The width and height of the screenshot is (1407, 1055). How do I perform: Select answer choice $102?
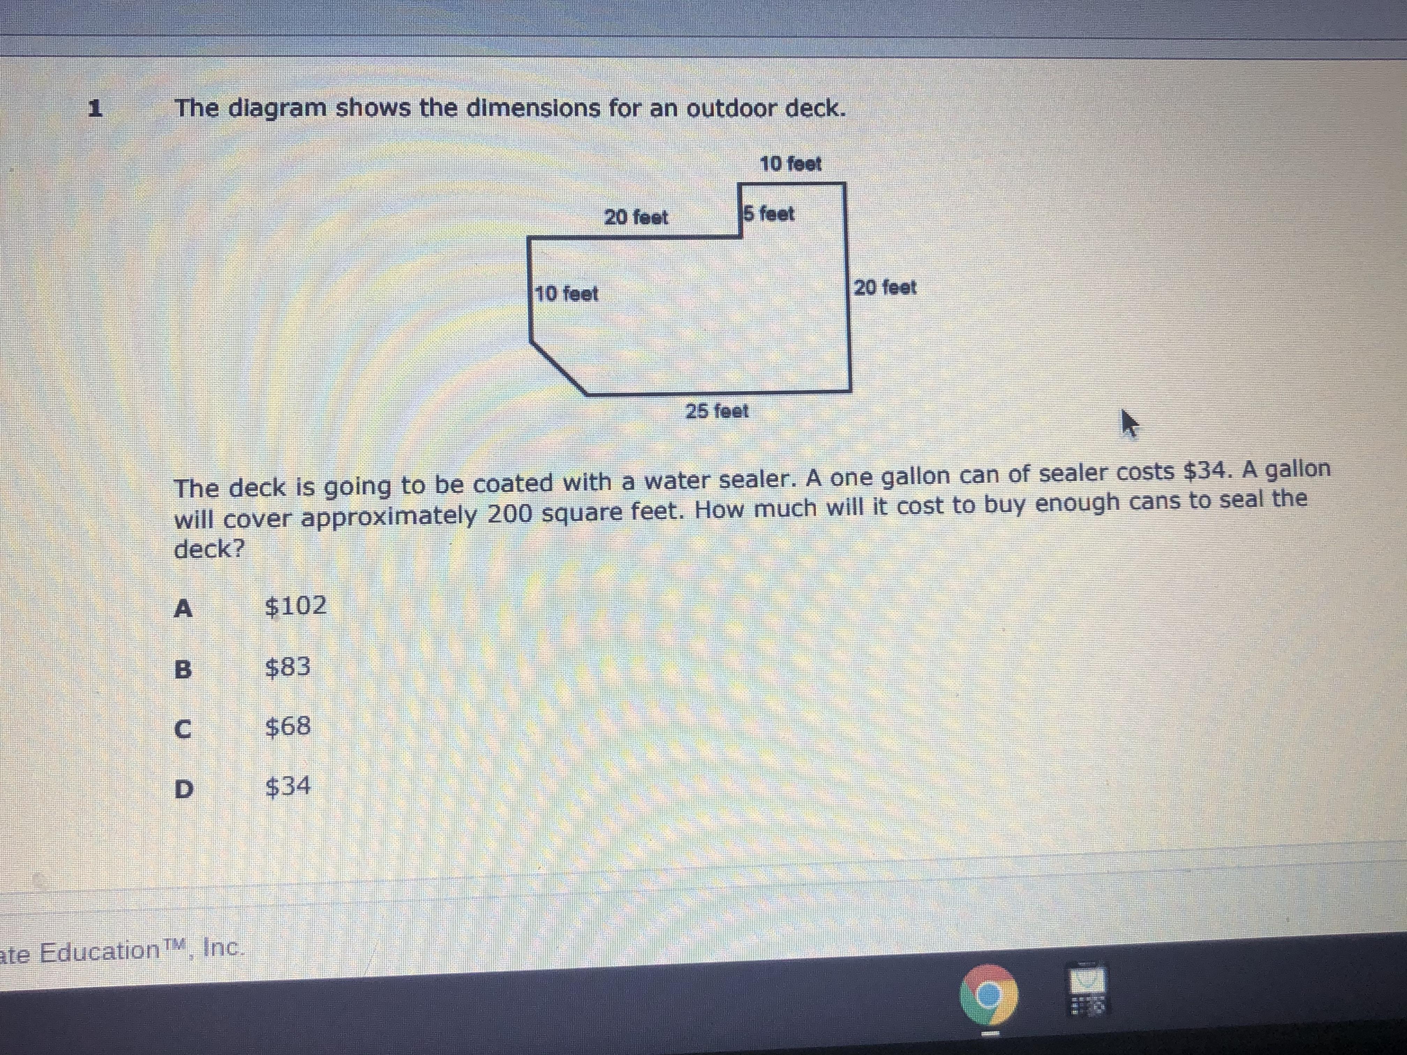coord(295,605)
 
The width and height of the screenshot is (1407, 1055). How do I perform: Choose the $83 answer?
coord(288,666)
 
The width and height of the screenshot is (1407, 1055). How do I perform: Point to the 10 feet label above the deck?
coord(791,164)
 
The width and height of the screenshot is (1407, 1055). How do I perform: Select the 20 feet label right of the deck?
coord(885,287)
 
